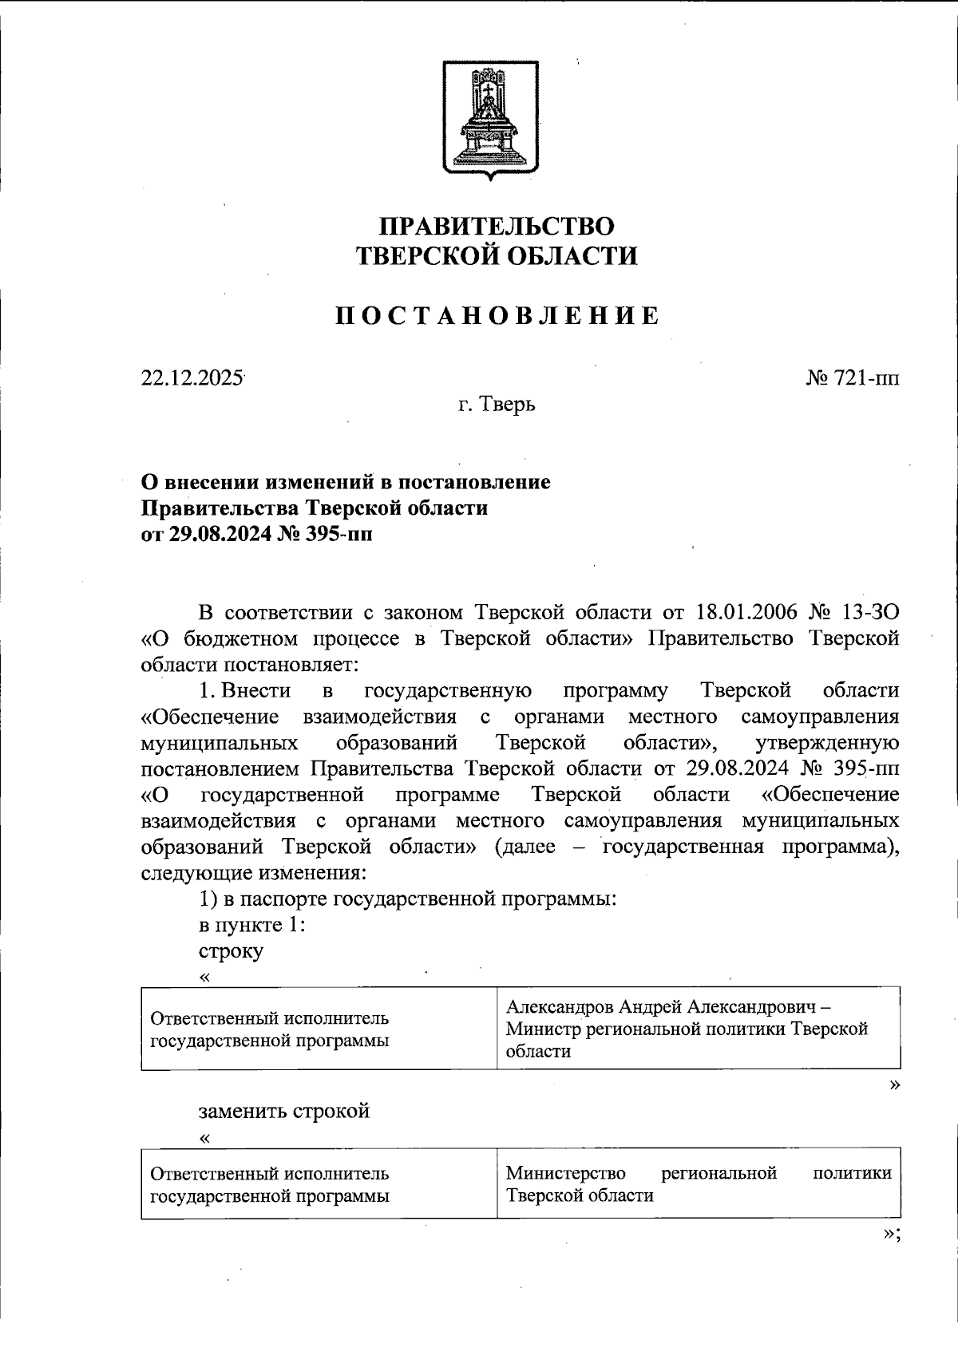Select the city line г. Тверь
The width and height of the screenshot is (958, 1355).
tap(497, 405)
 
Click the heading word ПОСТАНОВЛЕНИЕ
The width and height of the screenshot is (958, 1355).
tap(497, 316)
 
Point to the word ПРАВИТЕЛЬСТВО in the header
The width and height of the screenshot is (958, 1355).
tap(497, 227)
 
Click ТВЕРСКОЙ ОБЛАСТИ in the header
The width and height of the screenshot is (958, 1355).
tap(497, 256)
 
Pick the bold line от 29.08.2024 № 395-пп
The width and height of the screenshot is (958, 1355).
tap(256, 534)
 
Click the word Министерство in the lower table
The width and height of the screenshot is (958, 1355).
tap(565, 1173)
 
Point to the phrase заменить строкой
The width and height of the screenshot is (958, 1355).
tap(284, 1111)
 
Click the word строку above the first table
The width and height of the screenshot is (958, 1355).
tap(231, 951)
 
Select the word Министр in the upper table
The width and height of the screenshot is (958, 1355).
tap(543, 1029)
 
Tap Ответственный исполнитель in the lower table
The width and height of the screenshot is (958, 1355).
tap(270, 1173)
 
